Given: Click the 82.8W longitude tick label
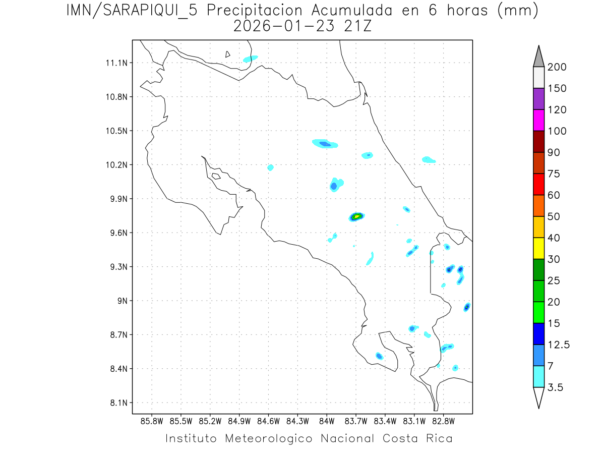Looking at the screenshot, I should click(443, 421).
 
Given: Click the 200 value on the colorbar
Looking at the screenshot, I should click(557, 67).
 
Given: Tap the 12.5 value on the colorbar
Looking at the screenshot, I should click(559, 345).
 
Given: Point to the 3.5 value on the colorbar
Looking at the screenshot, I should click(556, 387).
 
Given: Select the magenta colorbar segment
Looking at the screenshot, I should click(538, 120).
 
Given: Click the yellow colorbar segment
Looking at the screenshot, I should click(538, 248).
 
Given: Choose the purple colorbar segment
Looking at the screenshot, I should click(538, 99).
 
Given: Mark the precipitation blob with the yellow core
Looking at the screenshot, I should click(356, 216).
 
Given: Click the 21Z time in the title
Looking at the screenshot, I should click(356, 26).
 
